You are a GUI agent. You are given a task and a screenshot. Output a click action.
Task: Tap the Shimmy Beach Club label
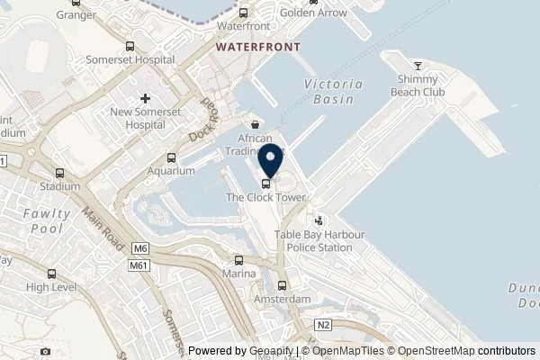(418, 85)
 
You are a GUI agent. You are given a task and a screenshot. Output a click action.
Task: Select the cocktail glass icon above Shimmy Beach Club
(418, 66)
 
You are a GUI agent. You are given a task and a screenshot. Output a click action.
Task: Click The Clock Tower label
(266, 197)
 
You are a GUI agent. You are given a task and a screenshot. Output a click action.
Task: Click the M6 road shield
(140, 248)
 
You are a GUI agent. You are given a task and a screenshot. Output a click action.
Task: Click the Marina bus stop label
(240, 273)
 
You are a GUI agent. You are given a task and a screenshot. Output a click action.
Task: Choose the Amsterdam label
(282, 299)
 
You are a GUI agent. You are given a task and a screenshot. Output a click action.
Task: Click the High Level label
(50, 287)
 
